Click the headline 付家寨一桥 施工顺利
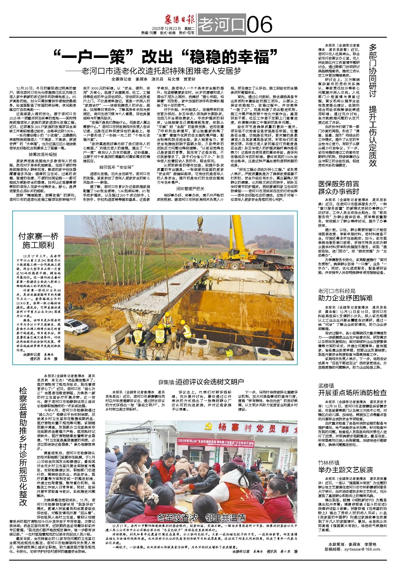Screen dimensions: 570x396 [38, 241]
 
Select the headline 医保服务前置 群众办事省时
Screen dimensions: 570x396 [339, 188]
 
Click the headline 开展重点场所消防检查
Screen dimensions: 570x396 [352, 392]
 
